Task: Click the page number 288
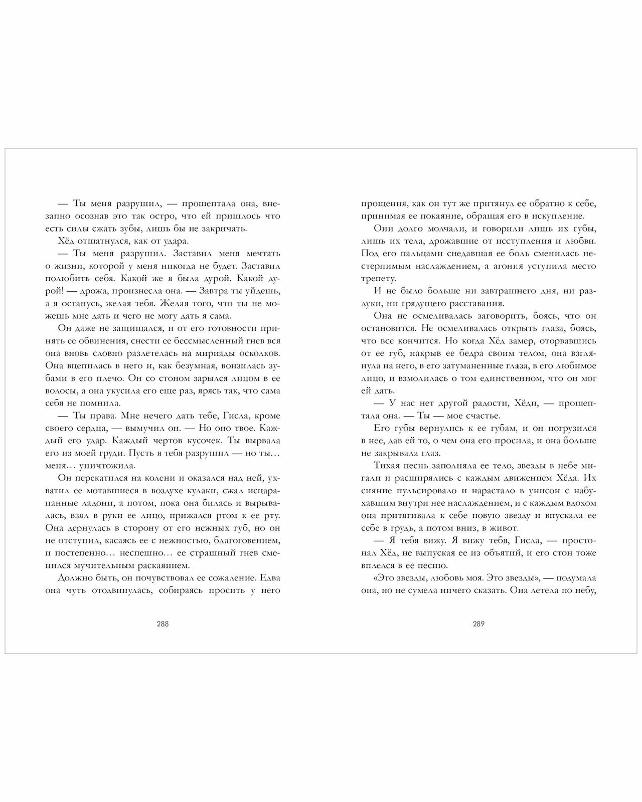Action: coord(163,624)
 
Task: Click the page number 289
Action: coord(478,624)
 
